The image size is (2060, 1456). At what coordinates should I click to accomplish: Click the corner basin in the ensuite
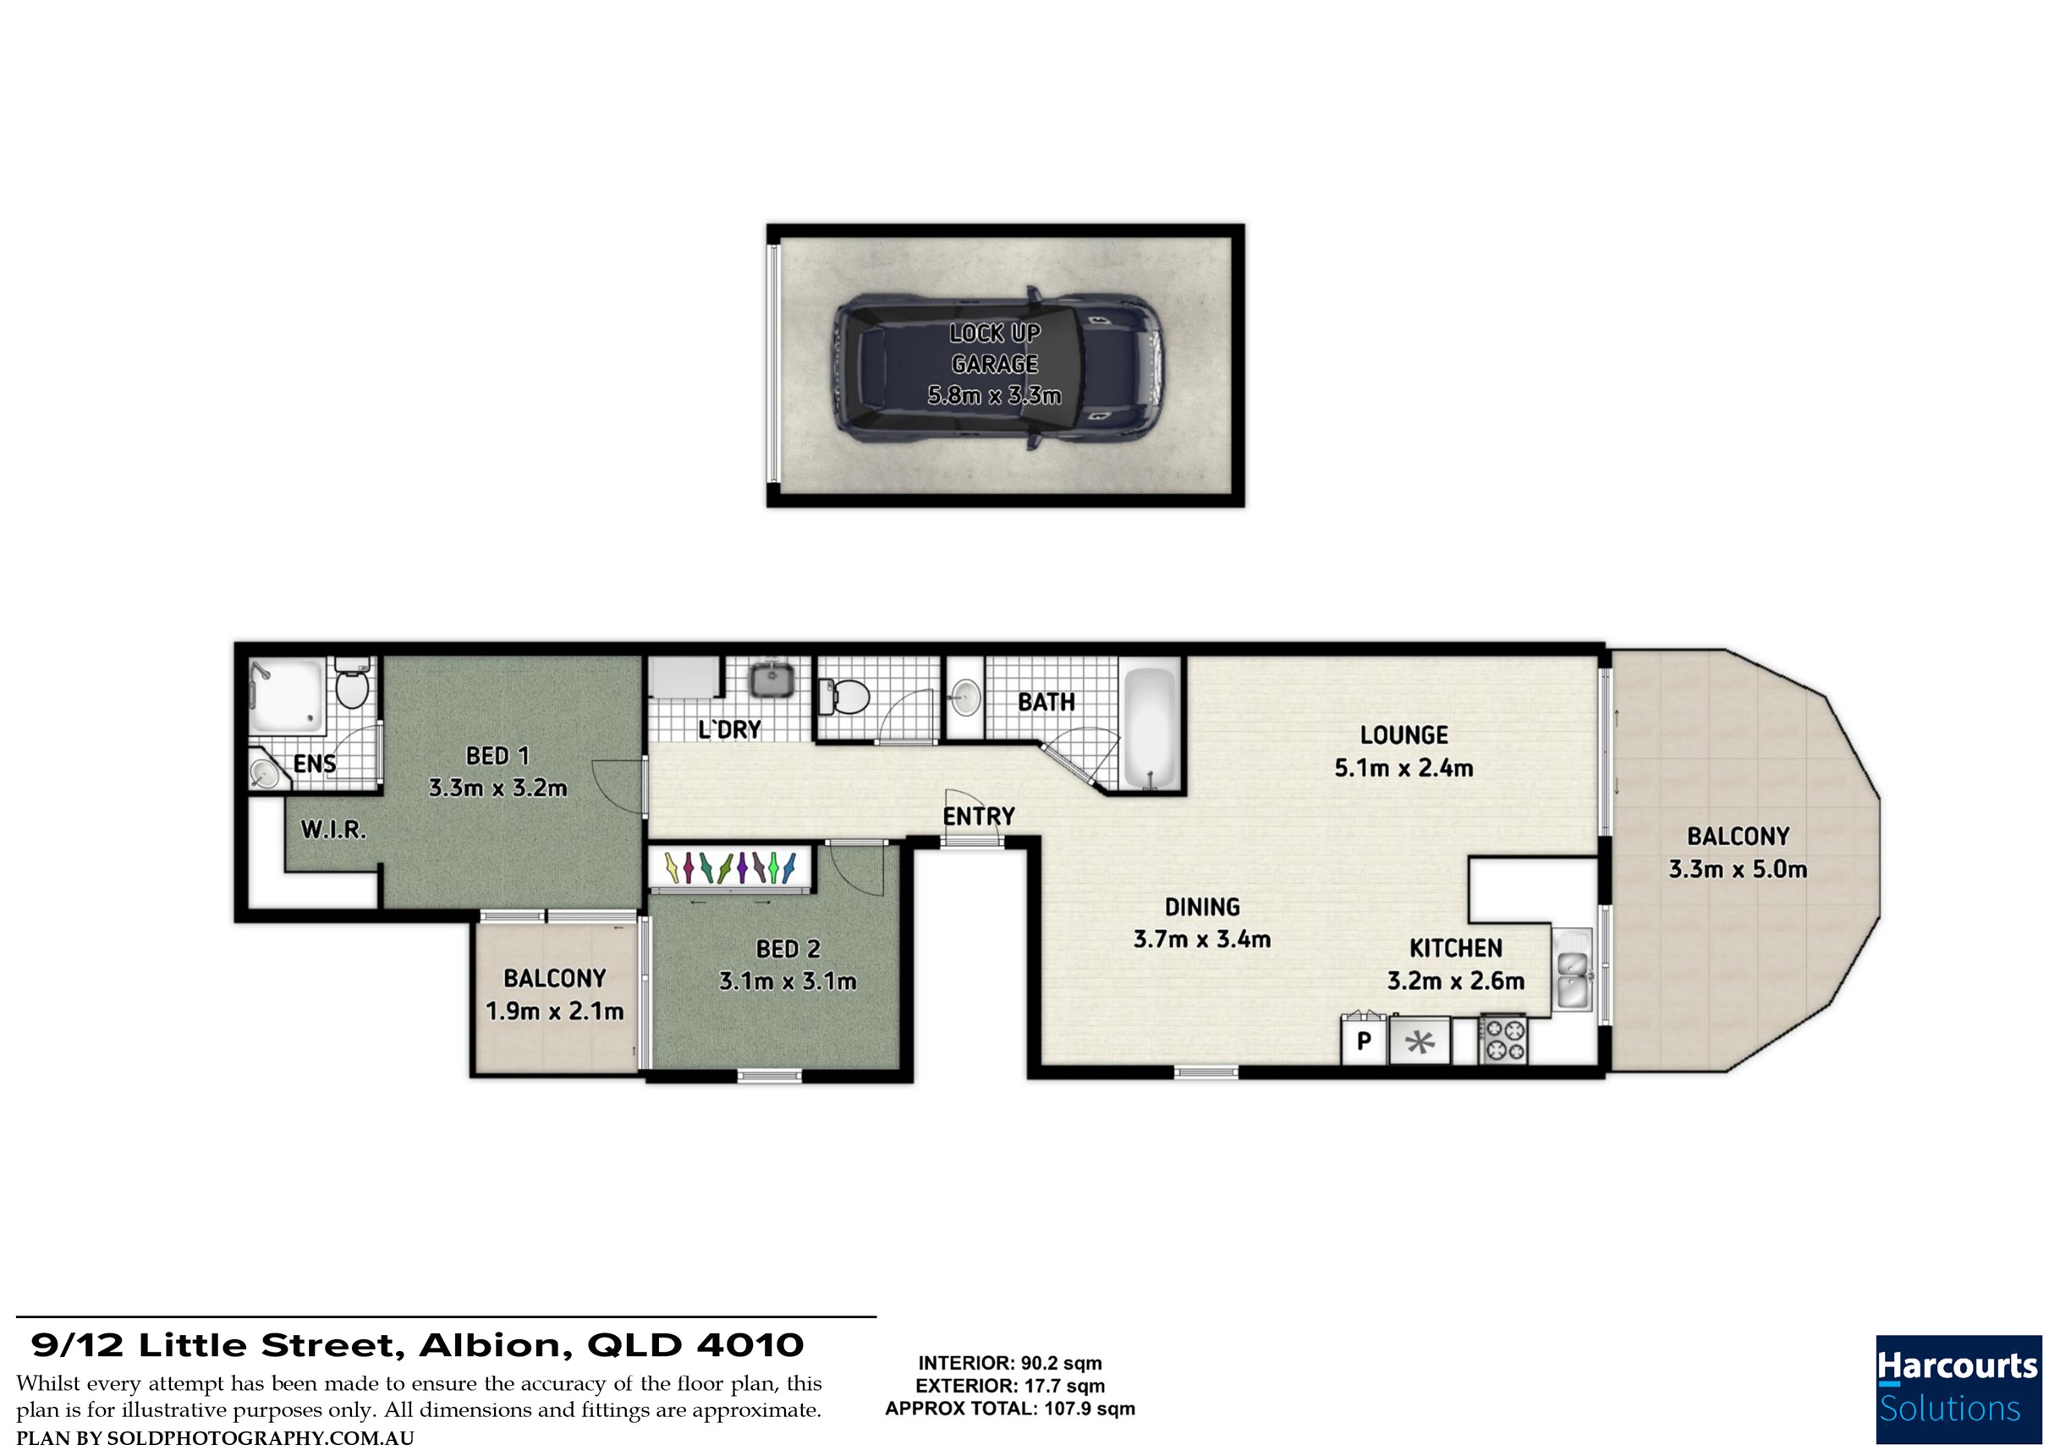(x=266, y=771)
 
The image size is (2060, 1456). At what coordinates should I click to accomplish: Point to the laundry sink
(x=770, y=680)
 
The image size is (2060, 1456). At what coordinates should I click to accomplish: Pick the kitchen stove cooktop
(x=1502, y=1039)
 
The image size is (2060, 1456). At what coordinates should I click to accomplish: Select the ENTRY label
(x=978, y=816)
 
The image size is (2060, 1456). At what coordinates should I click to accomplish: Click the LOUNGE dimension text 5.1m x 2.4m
(x=1404, y=768)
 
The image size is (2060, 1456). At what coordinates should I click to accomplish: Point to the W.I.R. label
(x=334, y=830)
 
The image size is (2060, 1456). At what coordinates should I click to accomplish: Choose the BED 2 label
(x=788, y=949)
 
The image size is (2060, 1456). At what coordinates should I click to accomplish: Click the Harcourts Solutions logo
(x=1958, y=1390)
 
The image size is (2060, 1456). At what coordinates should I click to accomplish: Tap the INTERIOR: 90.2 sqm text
(x=1009, y=1364)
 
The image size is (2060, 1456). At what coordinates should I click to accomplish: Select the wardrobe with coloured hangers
(x=729, y=868)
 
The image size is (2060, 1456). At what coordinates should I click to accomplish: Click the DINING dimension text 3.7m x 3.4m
(x=1201, y=939)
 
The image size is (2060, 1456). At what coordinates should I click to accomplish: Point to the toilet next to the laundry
(x=845, y=696)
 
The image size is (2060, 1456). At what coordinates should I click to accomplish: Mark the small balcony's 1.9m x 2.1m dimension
(x=554, y=1011)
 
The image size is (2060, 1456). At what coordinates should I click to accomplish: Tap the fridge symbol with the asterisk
(x=1419, y=1041)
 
